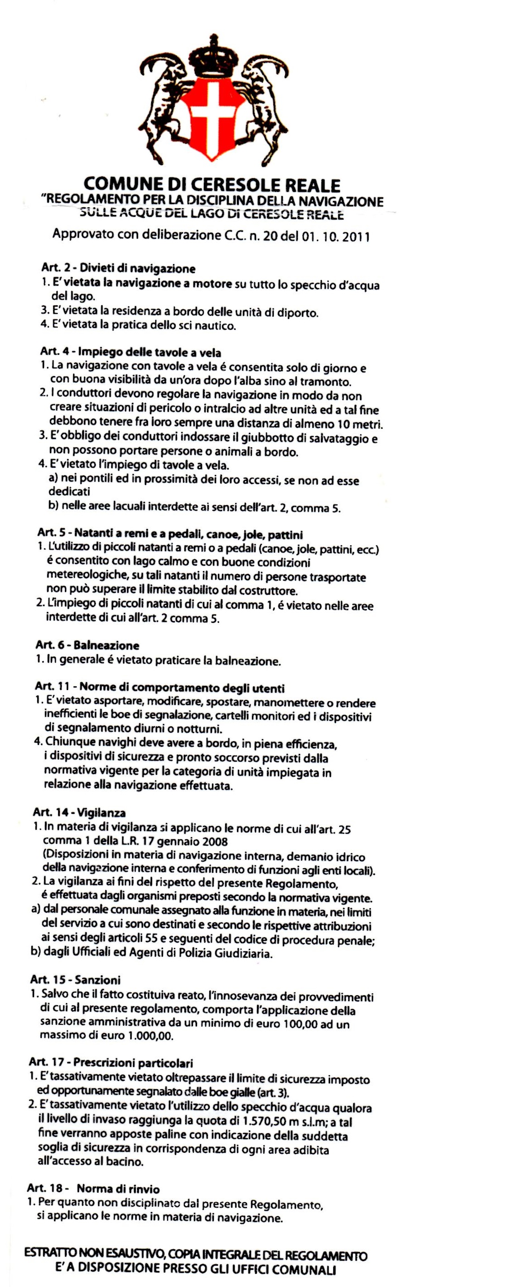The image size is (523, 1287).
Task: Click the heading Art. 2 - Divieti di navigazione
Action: click(118, 269)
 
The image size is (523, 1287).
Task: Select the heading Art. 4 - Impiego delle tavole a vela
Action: click(131, 353)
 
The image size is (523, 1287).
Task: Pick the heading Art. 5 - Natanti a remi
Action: click(170, 535)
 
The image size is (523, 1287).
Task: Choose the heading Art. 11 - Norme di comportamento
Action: click(160, 688)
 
